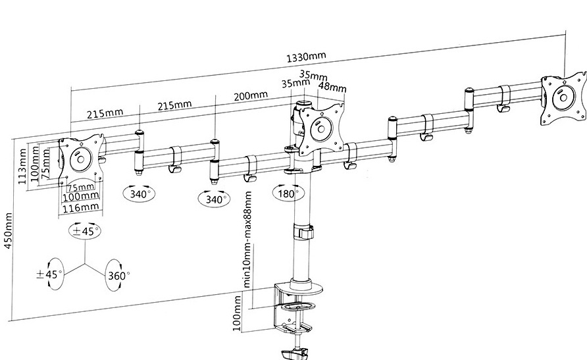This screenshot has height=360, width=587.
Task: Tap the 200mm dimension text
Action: pyautogui.click(x=250, y=95)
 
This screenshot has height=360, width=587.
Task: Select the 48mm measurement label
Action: pyautogui.click(x=332, y=87)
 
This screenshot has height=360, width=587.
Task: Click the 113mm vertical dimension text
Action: pyautogui.click(x=24, y=167)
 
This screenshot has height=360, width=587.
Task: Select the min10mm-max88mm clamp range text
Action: pyautogui.click(x=248, y=241)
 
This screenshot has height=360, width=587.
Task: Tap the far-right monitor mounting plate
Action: pyautogui.click(x=562, y=99)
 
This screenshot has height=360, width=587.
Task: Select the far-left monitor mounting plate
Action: pyautogui.click(x=81, y=159)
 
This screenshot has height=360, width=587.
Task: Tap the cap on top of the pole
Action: pyautogui.click(x=303, y=103)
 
